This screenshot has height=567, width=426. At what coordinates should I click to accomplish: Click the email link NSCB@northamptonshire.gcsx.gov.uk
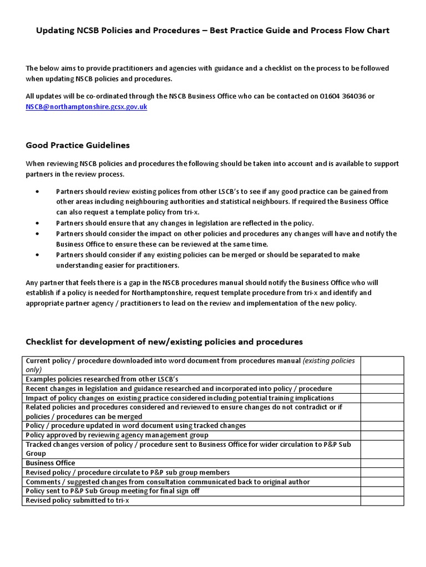tap(86, 106)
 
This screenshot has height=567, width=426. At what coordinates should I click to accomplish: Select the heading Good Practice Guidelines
tap(78, 145)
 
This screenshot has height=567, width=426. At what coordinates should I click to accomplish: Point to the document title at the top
tap(213, 30)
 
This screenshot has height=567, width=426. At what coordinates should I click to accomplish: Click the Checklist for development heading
tap(164, 342)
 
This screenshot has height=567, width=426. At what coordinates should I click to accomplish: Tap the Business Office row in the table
tap(50, 463)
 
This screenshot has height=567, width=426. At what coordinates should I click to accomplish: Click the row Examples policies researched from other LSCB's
tap(102, 379)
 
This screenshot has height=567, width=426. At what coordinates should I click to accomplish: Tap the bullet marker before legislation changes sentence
tap(37, 223)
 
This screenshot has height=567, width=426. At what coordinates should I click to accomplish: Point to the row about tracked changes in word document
tap(136, 425)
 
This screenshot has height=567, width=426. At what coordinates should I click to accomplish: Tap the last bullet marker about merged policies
tap(37, 255)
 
